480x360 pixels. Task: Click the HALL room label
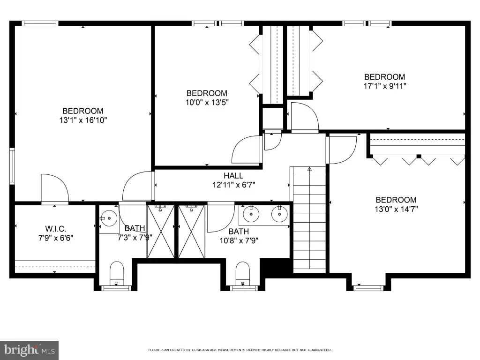tap(233, 176)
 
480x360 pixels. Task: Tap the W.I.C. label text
tap(56, 229)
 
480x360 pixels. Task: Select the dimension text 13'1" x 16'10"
tap(83, 120)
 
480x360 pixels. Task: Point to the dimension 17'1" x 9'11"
tap(384, 86)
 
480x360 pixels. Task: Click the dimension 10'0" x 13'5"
tap(207, 102)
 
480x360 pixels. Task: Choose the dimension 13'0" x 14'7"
tap(396, 209)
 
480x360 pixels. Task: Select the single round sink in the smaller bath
tap(109, 218)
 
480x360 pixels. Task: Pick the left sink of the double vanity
tap(251, 214)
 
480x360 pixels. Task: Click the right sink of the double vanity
tap(279, 214)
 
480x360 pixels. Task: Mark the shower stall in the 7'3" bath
tap(161, 232)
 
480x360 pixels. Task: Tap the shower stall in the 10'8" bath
tap(191, 232)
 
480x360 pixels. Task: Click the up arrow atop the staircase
tap(309, 169)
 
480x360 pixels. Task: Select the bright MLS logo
tap(29, 350)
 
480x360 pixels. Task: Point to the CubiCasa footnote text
tap(240, 350)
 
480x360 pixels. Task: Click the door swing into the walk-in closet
tap(54, 188)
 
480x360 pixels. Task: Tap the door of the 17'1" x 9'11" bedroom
tap(305, 116)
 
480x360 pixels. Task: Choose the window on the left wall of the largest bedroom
tap(12, 166)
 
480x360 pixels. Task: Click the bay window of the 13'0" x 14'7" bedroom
tap(368, 288)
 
